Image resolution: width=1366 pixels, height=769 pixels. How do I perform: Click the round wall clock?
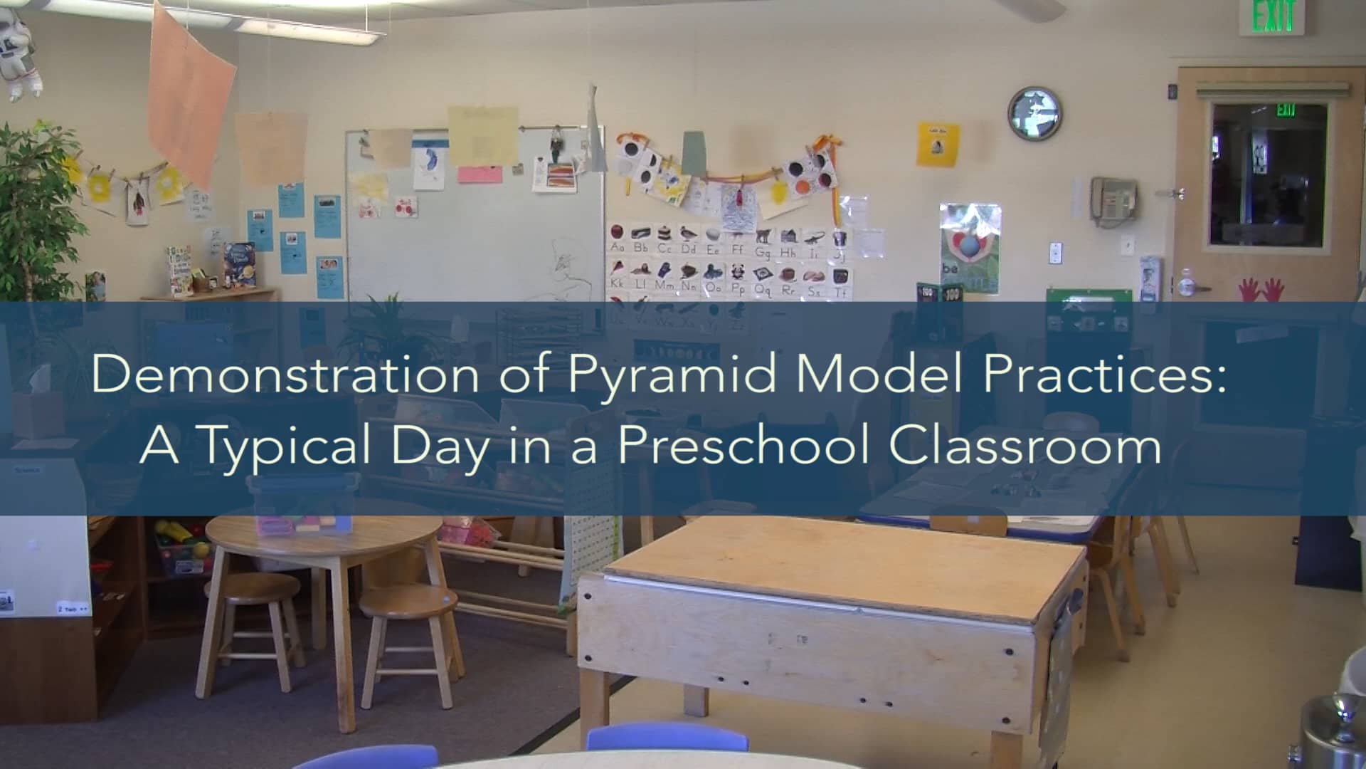[1034, 113]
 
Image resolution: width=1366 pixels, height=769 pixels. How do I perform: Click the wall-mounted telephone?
[1113, 200]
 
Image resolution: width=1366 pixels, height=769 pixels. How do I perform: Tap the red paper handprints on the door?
[1261, 290]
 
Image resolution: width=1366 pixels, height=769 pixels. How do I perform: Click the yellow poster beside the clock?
[937, 145]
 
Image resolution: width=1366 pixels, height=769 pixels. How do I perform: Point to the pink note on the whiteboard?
[480, 174]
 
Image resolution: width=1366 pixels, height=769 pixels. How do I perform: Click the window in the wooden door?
[1269, 174]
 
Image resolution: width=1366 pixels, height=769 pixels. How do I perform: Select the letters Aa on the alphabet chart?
[618, 248]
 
